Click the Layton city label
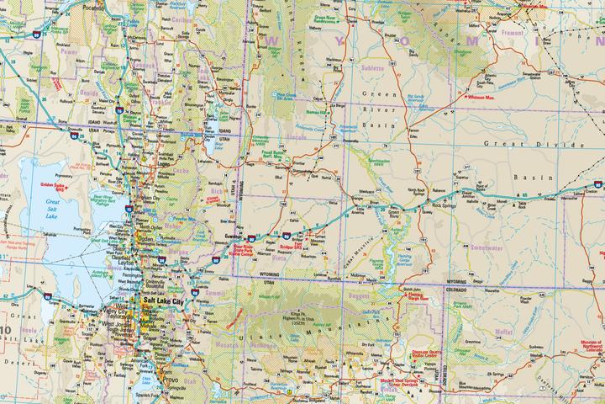[139, 262]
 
